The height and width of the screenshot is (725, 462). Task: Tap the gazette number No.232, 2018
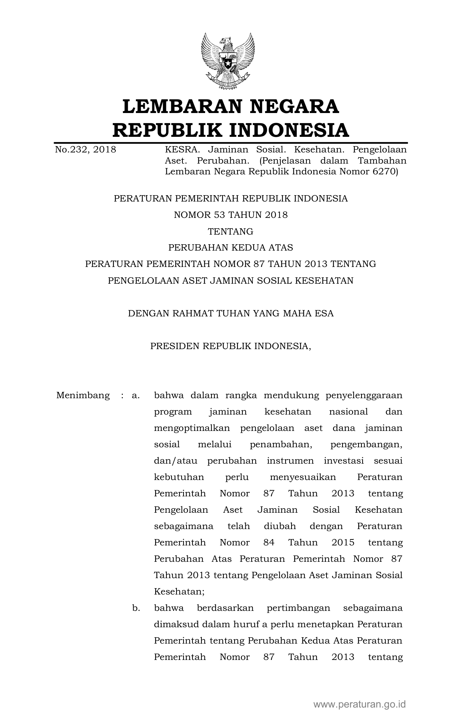point(85,150)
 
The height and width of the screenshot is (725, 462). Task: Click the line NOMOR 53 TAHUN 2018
point(231,215)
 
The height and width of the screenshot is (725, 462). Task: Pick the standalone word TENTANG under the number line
point(230,231)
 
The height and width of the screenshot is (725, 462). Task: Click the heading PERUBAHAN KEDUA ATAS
point(230,248)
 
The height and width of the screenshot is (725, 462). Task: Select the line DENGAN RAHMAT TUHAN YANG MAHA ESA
point(230,313)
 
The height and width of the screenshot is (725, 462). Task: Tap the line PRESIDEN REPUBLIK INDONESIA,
point(230,346)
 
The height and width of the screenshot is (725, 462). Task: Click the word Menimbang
point(83,395)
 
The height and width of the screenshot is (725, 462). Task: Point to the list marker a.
point(136,395)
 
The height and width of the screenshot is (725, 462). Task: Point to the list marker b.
point(136,608)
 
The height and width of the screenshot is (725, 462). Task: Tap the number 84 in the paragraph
point(269,542)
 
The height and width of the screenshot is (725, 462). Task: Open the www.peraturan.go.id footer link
point(359,704)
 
